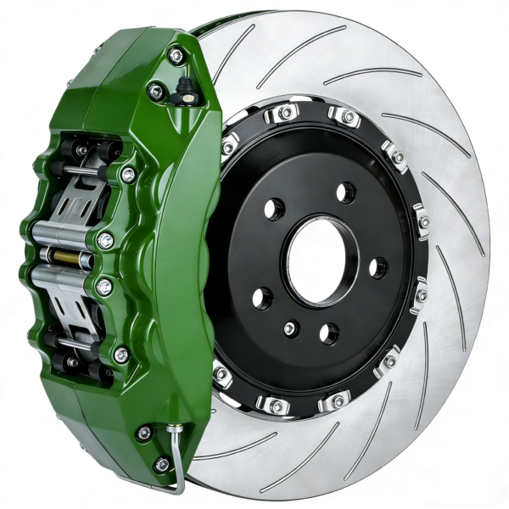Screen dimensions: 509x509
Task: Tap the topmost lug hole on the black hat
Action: (x=345, y=193)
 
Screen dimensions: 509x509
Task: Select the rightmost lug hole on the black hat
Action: (x=378, y=267)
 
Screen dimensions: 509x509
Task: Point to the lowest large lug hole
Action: (x=328, y=333)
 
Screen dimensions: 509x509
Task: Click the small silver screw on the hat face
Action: (x=292, y=327)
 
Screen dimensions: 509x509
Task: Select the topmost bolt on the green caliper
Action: (x=176, y=56)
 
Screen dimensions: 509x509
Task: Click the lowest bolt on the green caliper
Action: (x=161, y=464)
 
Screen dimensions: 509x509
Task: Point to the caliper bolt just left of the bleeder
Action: (x=156, y=91)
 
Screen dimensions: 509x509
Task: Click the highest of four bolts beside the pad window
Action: (x=127, y=175)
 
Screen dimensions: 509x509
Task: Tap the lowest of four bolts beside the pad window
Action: (x=121, y=355)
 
